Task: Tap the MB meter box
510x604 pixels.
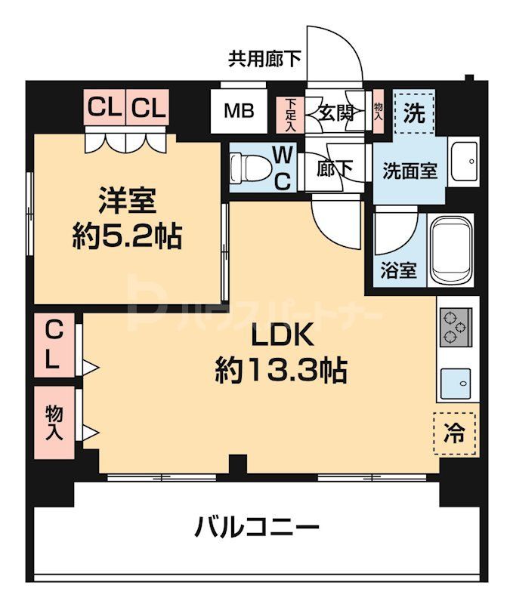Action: (238, 112)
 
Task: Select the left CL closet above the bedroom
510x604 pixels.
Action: (105, 108)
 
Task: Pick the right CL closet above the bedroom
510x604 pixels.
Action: (149, 108)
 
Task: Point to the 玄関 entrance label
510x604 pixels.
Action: (336, 113)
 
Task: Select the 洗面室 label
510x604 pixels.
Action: (409, 170)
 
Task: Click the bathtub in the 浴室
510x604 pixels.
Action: (451, 248)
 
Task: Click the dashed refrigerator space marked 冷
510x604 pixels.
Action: (456, 433)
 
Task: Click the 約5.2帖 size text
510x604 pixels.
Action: (127, 238)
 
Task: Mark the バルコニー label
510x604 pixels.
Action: (257, 525)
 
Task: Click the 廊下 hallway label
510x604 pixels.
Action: (335, 170)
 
